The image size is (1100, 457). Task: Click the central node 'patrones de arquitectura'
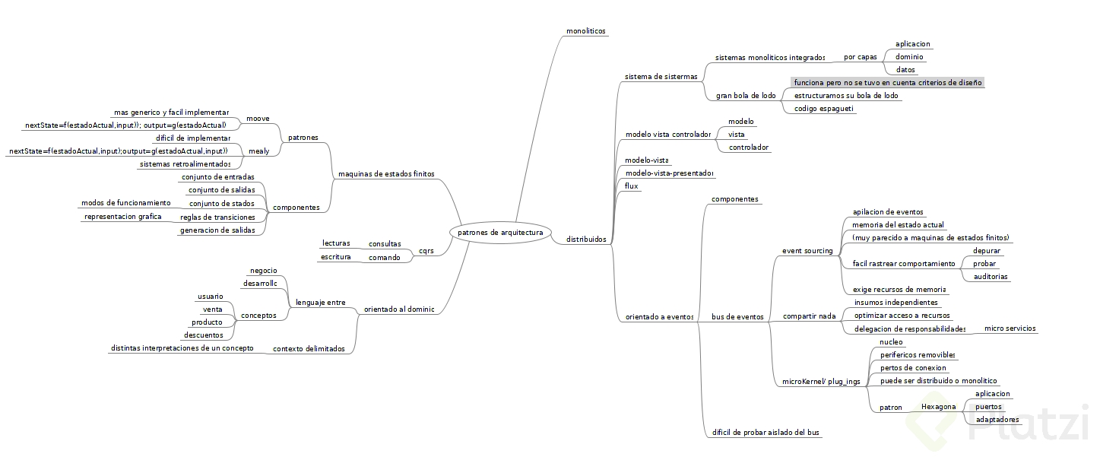click(500, 232)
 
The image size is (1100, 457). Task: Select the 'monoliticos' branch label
click(585, 31)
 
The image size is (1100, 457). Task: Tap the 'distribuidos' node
click(586, 239)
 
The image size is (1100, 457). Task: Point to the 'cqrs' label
click(426, 250)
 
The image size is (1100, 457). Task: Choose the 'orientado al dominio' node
click(399, 309)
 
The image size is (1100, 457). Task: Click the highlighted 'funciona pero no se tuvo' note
click(888, 82)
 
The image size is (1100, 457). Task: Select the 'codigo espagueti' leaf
click(824, 109)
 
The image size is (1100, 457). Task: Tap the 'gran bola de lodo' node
click(746, 96)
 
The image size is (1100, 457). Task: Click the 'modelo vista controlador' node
click(667, 134)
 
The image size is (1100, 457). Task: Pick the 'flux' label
click(631, 186)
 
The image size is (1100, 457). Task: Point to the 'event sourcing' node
click(807, 250)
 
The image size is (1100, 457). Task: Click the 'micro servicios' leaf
click(1010, 328)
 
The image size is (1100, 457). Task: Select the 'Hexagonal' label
click(938, 407)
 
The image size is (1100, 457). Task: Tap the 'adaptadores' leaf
click(997, 419)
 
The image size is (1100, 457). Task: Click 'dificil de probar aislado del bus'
click(766, 433)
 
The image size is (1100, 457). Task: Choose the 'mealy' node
click(258, 151)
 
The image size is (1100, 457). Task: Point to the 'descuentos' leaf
click(204, 335)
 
